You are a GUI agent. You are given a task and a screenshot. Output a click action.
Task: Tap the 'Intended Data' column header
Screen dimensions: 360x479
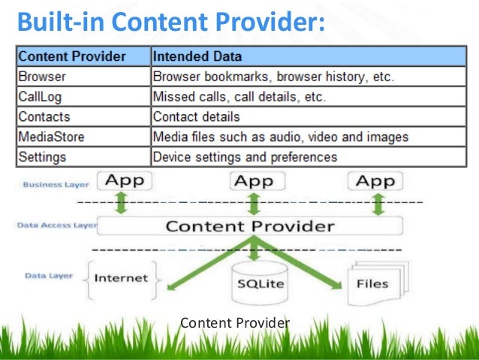(x=197, y=56)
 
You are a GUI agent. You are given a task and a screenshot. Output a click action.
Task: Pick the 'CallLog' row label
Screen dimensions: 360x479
(x=42, y=97)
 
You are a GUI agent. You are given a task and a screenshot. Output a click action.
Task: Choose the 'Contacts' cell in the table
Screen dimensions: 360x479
(x=44, y=117)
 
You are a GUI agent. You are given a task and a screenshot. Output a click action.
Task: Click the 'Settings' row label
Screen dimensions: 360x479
(x=44, y=158)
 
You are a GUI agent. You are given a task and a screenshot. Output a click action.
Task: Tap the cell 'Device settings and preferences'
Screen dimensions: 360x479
(x=245, y=158)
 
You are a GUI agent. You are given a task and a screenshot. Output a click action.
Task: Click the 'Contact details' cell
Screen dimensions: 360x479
(x=196, y=117)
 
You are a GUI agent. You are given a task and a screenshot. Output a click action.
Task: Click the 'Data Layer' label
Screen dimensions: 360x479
(x=49, y=276)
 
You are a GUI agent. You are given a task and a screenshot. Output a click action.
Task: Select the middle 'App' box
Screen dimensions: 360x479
(x=254, y=181)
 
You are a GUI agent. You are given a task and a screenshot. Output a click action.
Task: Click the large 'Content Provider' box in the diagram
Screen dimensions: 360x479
(x=250, y=225)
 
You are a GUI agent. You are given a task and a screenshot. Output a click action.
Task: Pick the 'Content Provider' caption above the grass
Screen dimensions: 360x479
(x=235, y=323)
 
